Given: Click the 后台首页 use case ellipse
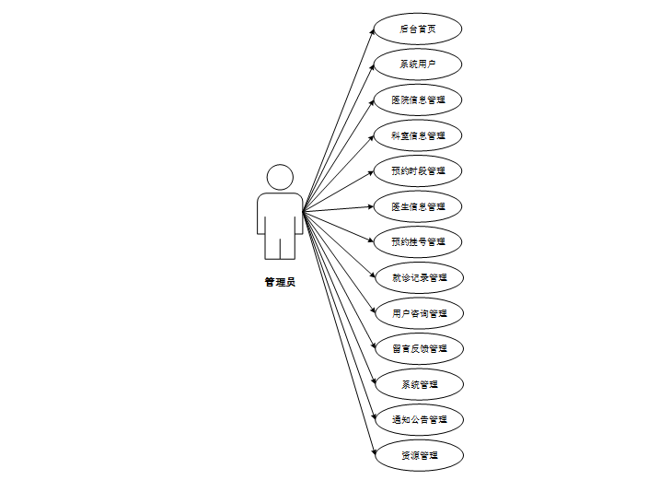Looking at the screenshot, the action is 418,29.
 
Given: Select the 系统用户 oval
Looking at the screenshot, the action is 418,64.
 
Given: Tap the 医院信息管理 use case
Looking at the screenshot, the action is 418,100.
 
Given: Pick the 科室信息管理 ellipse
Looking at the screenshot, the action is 418,135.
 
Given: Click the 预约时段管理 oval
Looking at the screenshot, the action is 418,170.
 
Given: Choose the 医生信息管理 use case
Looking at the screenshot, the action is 418,206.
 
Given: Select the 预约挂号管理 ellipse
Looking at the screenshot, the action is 418,241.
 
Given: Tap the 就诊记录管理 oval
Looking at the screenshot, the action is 418,277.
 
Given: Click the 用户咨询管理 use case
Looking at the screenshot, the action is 418,313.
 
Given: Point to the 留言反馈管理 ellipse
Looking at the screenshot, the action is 418,348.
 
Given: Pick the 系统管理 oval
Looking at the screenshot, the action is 418,384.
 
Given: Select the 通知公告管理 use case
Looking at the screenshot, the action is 418,419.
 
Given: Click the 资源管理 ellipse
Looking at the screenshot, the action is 418,455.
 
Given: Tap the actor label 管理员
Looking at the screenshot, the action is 280,283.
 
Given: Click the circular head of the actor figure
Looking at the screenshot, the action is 280,178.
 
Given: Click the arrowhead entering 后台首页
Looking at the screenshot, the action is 372,34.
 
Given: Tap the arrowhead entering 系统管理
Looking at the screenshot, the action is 371,380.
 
